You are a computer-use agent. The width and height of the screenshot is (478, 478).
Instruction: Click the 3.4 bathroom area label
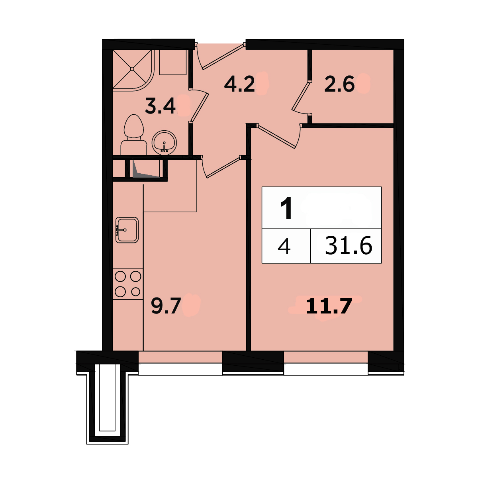click(x=160, y=106)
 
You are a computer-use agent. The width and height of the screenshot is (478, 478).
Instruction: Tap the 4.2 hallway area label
click(x=239, y=84)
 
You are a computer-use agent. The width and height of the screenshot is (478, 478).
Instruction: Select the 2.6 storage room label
click(x=339, y=84)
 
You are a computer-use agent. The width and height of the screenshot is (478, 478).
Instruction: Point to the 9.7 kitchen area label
click(x=165, y=306)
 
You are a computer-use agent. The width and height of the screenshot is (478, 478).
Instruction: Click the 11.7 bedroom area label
click(x=329, y=306)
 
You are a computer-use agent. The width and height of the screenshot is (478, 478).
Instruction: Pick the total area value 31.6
click(x=349, y=245)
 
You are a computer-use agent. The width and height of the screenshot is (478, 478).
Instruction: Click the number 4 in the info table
click(x=284, y=246)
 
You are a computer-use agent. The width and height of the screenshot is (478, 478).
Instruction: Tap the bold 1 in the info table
click(x=286, y=208)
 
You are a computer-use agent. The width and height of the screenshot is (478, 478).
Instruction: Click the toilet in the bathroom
click(x=134, y=135)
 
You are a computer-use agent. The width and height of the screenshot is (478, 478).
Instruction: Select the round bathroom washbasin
click(x=164, y=143)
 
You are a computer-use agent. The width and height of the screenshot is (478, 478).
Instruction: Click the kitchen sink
click(x=127, y=230)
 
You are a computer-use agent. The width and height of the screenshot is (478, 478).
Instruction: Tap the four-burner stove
click(x=128, y=284)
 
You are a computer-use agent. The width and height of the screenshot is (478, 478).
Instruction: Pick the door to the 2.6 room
click(x=301, y=96)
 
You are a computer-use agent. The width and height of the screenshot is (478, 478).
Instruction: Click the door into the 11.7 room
click(x=277, y=137)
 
